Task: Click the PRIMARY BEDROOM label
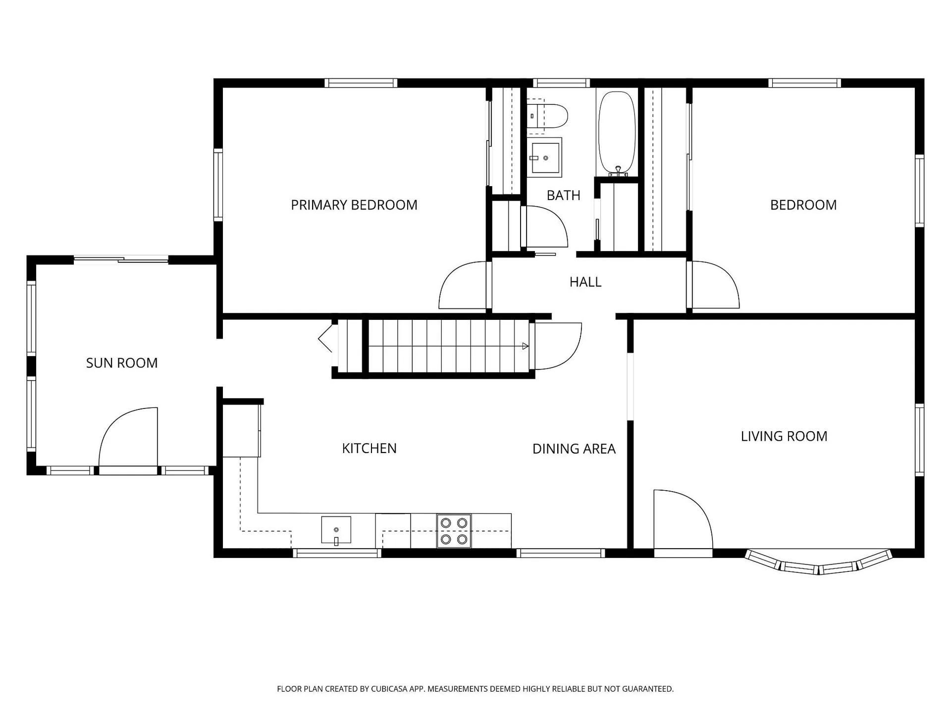point(354,205)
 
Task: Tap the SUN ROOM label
point(122,363)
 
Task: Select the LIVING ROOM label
point(784,436)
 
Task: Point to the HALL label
point(585,282)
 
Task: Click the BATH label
point(563,196)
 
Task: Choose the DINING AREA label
point(574,449)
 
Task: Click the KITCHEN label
point(369,448)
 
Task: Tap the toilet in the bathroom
point(547,116)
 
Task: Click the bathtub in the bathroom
point(617,133)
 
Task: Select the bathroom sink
point(544,157)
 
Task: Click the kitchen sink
point(336,530)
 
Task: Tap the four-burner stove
point(454,531)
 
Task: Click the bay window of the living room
point(819,562)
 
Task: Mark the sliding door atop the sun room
point(121,259)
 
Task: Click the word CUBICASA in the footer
point(389,689)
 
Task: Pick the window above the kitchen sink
point(337,553)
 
